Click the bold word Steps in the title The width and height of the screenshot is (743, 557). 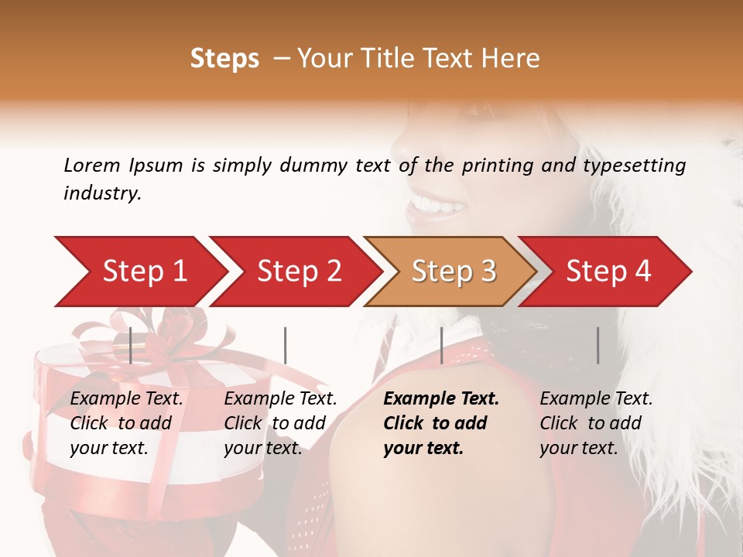(224, 58)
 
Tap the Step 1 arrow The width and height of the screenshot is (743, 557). (139, 271)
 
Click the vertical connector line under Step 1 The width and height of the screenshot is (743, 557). (131, 345)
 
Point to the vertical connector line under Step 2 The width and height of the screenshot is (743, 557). (286, 345)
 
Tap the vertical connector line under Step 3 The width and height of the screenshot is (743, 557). (441, 345)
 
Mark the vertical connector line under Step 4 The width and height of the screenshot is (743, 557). (597, 345)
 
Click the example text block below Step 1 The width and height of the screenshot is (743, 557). (126, 423)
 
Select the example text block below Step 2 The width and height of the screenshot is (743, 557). (280, 423)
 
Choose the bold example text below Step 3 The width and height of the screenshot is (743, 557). (441, 423)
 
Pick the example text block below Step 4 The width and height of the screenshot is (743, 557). (596, 423)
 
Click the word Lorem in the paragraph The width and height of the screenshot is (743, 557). (92, 165)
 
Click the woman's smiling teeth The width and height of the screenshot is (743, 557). (437, 205)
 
